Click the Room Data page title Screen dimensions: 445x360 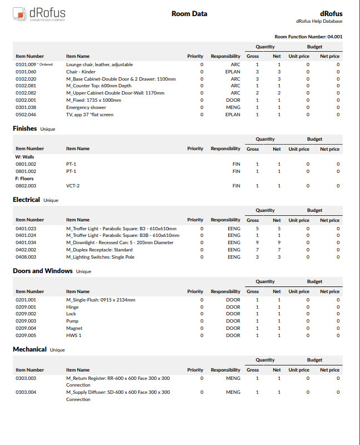[x=189, y=14]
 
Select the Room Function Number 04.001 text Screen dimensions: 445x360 [x=308, y=36]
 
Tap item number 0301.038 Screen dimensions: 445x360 [x=26, y=107]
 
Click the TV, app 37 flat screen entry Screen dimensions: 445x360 [x=90, y=115]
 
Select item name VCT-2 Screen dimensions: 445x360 [x=73, y=186]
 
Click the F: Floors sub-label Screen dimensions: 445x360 [x=24, y=179]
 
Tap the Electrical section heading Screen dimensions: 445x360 [x=27, y=200]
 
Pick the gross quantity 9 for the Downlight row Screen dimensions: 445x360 [x=257, y=243]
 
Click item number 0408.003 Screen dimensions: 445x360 [x=26, y=257]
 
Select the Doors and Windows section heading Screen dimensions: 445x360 [x=43, y=271]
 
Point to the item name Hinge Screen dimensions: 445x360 [x=72, y=307]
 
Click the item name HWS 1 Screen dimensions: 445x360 [x=74, y=335]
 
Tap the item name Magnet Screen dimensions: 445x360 [x=74, y=328]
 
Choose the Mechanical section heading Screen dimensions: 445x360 [x=29, y=350]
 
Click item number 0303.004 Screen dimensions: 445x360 [x=26, y=392]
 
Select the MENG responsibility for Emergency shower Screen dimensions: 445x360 [x=233, y=107]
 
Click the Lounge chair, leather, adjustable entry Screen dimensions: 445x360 [x=100, y=65]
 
